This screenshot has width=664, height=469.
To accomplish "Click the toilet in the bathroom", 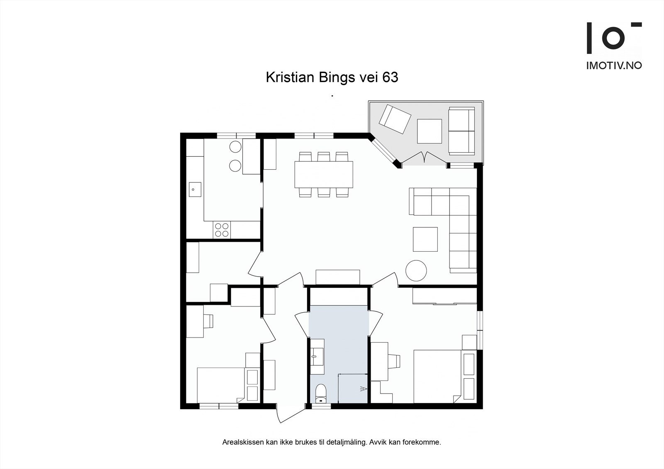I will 321,394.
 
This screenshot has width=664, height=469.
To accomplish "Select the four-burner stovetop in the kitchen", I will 222,230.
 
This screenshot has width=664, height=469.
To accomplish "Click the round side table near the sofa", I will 416,270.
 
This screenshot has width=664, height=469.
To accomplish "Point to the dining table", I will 324,174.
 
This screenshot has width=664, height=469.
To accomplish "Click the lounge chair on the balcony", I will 395,119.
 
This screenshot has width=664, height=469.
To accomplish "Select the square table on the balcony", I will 429,131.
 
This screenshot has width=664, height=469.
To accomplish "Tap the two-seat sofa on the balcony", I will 461,131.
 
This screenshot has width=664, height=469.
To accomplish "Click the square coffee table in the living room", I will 425,239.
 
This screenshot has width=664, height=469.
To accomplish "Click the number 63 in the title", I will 390,78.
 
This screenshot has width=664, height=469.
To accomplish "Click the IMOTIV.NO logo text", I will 614,65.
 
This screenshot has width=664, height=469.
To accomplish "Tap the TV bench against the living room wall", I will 337,277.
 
